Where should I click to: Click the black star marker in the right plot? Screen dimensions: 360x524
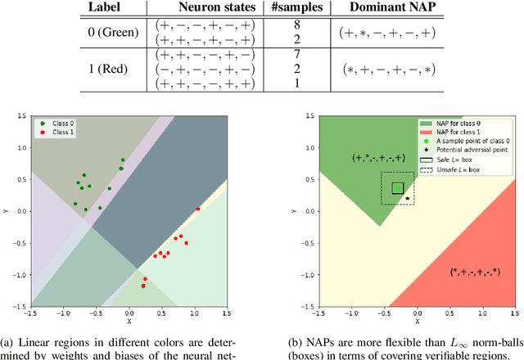408,198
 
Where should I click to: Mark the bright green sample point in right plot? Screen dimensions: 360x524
397,187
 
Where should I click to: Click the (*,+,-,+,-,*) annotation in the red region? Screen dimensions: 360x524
475,271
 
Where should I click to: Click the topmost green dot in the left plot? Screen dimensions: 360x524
123,160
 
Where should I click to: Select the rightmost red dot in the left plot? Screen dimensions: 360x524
197,209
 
